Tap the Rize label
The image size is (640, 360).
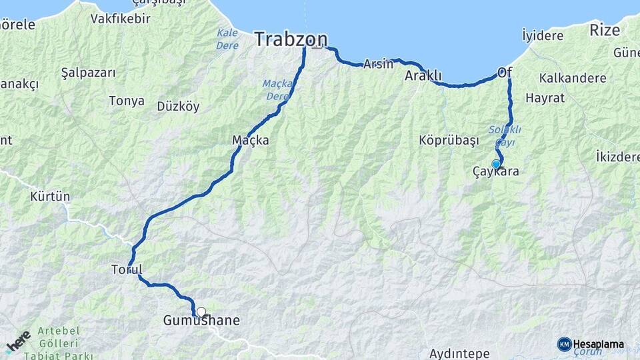[x=605, y=29]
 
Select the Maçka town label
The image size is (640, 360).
[x=250, y=140]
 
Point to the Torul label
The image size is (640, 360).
[x=127, y=269]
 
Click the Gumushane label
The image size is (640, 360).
[x=201, y=321]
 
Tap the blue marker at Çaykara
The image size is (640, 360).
[x=496, y=164]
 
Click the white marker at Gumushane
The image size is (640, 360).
[x=201, y=311]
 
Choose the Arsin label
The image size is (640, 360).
[x=378, y=64]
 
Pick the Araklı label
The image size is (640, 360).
[x=423, y=76]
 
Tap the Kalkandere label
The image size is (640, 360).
[x=573, y=78]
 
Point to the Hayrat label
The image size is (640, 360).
[x=545, y=98]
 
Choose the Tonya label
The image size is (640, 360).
[x=127, y=101]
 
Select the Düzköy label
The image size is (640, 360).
[x=178, y=106]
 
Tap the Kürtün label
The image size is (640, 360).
[x=50, y=197]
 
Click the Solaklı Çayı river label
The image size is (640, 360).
[x=505, y=135]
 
